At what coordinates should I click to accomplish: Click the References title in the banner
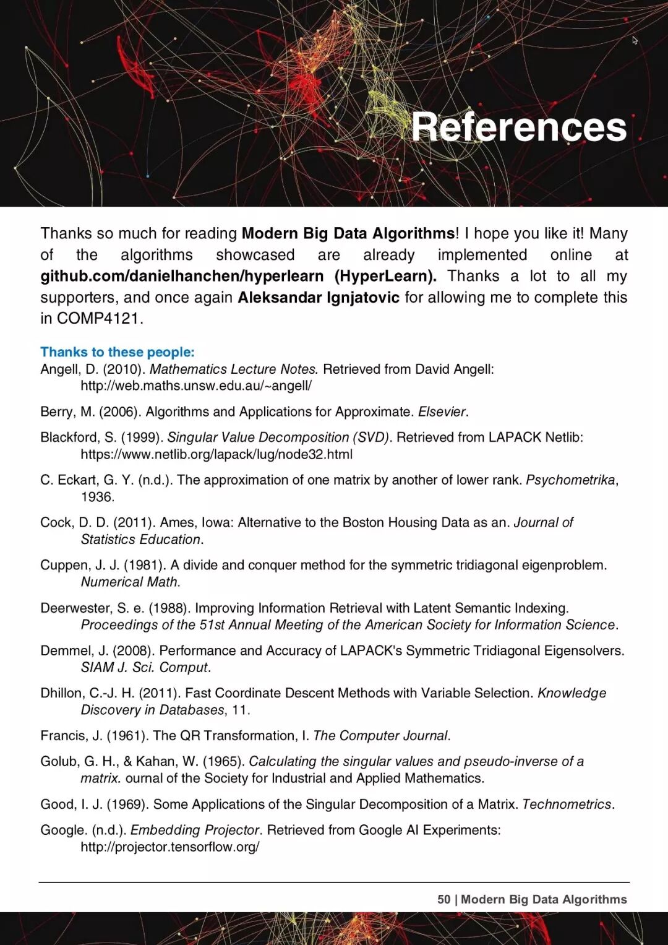[x=519, y=127]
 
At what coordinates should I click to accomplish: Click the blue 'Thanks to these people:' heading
[x=118, y=352]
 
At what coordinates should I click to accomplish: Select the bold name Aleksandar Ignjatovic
[x=319, y=298]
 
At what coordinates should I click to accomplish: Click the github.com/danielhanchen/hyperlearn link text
[x=182, y=276]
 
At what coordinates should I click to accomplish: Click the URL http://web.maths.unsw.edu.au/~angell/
[x=196, y=386]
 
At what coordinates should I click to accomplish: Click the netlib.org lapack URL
[x=216, y=454]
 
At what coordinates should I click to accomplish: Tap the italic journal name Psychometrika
[x=570, y=480]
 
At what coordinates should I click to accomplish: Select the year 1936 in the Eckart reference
[x=96, y=497]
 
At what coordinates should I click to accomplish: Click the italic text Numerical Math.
[x=130, y=582]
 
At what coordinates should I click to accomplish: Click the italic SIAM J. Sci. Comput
[x=145, y=668]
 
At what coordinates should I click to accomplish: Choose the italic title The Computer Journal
[x=380, y=736]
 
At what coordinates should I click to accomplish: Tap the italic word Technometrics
[x=567, y=805]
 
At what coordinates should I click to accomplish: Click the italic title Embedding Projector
[x=195, y=830]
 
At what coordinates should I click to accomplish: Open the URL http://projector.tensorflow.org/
[x=170, y=847]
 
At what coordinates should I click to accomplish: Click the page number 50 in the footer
[x=443, y=900]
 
